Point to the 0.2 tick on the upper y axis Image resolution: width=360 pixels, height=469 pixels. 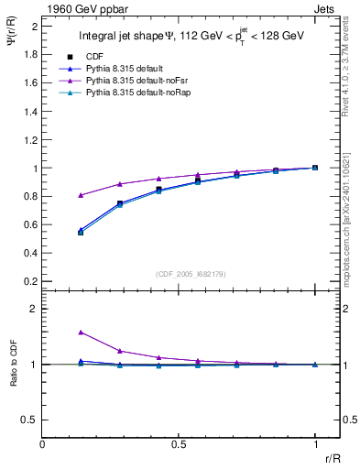pos(30,280)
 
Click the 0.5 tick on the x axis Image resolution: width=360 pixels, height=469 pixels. pos(179,444)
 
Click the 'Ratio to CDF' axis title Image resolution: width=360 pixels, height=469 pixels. pos(13,377)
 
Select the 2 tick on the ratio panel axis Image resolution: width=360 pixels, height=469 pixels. pos(35,310)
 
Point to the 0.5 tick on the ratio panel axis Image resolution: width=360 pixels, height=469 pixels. pos(30,420)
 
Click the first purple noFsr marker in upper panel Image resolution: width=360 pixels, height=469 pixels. pos(81,195)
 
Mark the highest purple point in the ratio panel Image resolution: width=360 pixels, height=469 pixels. pos(81,333)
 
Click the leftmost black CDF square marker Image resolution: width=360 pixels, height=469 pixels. pos(81,233)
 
